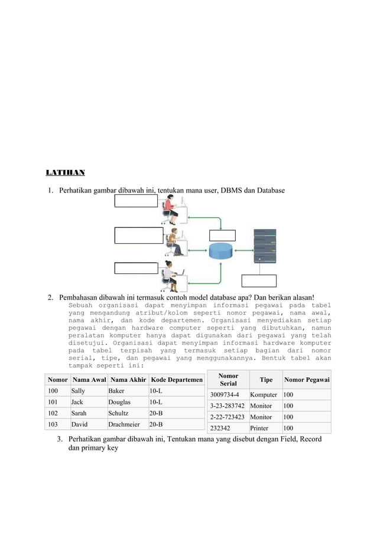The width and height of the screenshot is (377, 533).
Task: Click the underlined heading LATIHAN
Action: pyautogui.click(x=65, y=173)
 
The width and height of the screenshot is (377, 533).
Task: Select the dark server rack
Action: pyautogui.click(x=265, y=247)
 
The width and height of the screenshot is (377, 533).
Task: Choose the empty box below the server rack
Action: pyautogui.click(x=259, y=282)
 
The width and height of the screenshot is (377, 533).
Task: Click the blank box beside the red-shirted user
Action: pyautogui.click(x=136, y=201)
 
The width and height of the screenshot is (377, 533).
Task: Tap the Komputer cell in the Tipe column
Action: pyautogui.click(x=263, y=394)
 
